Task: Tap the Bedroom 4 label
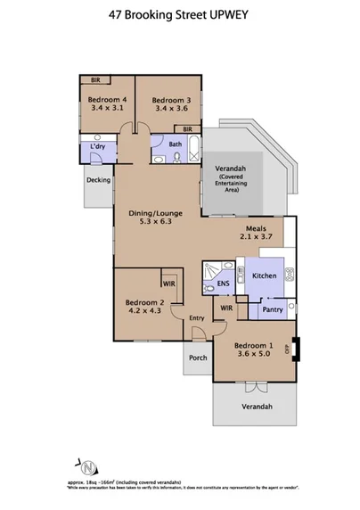(106, 99)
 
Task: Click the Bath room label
(176, 144)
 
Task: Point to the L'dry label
(98, 146)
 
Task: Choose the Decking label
(98, 181)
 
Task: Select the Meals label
(256, 227)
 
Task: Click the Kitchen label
(265, 276)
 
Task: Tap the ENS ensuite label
(223, 286)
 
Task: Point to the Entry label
(196, 317)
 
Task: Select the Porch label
(198, 358)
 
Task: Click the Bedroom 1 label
(253, 345)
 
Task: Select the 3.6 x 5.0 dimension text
(253, 355)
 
